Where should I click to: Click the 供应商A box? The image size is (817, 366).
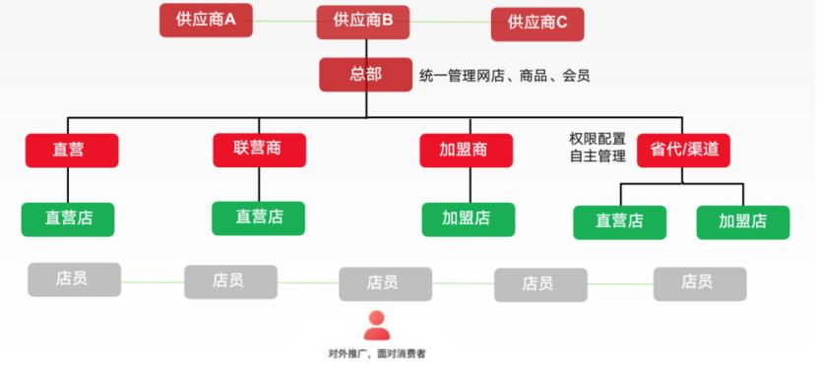click(206, 20)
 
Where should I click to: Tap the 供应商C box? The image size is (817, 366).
click(537, 23)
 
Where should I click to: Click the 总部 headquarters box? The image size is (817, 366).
click(364, 75)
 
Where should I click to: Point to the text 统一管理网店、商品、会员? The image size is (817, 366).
click(504, 75)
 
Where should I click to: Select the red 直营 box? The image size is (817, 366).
click(72, 151)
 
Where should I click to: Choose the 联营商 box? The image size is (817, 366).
click(259, 150)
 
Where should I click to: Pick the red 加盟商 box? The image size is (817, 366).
click(466, 151)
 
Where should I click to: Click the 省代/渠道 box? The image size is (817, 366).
click(683, 150)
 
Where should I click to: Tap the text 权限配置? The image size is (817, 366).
click(597, 139)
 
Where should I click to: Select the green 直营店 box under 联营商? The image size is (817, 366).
click(259, 217)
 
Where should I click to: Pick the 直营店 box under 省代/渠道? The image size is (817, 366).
click(619, 221)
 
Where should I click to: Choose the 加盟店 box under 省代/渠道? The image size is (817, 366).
click(742, 221)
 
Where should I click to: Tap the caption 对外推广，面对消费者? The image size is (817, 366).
click(377, 353)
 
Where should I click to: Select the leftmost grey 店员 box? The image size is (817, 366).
click(74, 279)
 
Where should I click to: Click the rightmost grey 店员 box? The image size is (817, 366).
click(699, 282)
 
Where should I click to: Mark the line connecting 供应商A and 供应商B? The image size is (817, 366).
click(284, 19)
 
